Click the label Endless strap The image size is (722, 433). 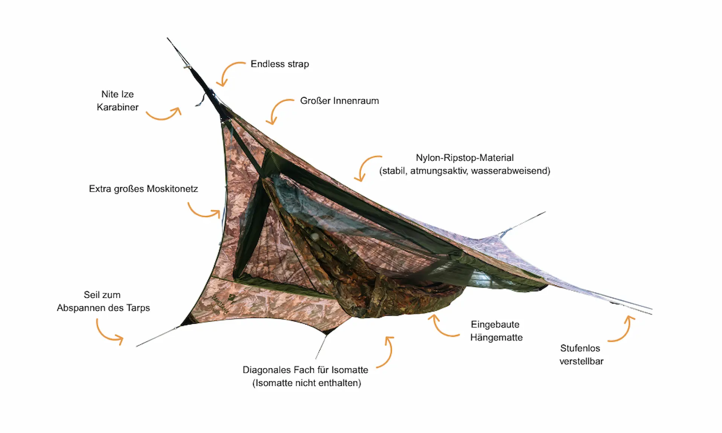pyautogui.click(x=280, y=64)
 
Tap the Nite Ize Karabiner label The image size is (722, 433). pyautogui.click(x=118, y=101)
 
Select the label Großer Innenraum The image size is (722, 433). pyautogui.click(x=339, y=101)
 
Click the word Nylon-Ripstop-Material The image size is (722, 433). pyautogui.click(x=465, y=158)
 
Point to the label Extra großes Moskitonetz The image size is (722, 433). pyautogui.click(x=143, y=189)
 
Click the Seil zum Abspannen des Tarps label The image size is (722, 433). pyautogui.click(x=103, y=301)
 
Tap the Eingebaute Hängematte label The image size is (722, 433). pyautogui.click(x=496, y=331)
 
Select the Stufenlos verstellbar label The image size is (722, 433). pyautogui.click(x=581, y=355)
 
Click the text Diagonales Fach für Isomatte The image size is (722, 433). pyautogui.click(x=305, y=370)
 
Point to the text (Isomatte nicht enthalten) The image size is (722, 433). pyautogui.click(x=307, y=383)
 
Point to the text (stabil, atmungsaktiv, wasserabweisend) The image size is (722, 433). pyautogui.click(x=465, y=171)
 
